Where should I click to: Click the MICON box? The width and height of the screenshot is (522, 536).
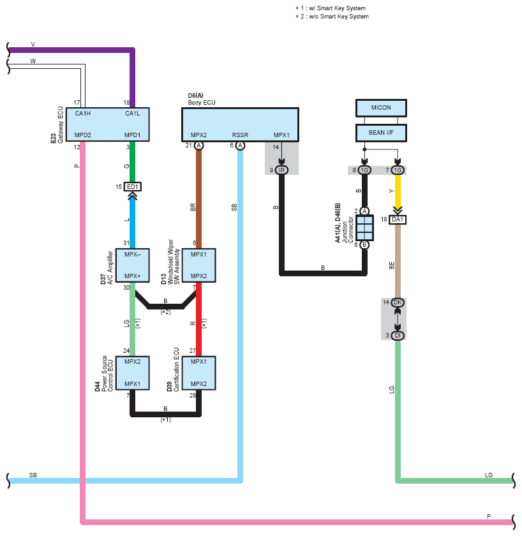[381, 108]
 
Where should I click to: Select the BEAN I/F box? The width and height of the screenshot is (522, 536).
[381, 133]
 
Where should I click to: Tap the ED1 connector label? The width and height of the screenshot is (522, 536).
[132, 186]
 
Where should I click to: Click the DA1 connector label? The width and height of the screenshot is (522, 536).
[397, 220]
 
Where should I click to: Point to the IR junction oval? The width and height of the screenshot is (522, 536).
[281, 170]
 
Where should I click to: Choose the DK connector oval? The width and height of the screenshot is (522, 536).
[397, 302]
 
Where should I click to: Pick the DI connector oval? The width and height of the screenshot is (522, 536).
[397, 336]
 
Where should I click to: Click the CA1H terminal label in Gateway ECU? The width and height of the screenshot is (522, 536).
[83, 114]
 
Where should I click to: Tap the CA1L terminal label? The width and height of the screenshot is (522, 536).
[132, 114]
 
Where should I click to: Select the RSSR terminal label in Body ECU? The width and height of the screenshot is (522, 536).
[240, 135]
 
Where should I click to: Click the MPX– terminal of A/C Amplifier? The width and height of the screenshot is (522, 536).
[132, 255]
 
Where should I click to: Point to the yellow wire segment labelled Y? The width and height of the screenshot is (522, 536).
[398, 191]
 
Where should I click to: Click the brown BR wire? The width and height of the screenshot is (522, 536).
[198, 199]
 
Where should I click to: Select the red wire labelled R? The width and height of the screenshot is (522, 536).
[198, 319]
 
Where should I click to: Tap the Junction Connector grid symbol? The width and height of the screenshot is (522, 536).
[364, 228]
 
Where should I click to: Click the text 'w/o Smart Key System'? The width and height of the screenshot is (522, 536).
[339, 17]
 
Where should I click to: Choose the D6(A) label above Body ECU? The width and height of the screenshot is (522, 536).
[195, 95]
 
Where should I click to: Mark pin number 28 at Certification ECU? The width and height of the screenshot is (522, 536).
[193, 395]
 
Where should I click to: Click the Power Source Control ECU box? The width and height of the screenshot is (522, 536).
[132, 373]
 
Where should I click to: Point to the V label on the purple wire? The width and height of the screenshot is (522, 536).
[33, 45]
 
